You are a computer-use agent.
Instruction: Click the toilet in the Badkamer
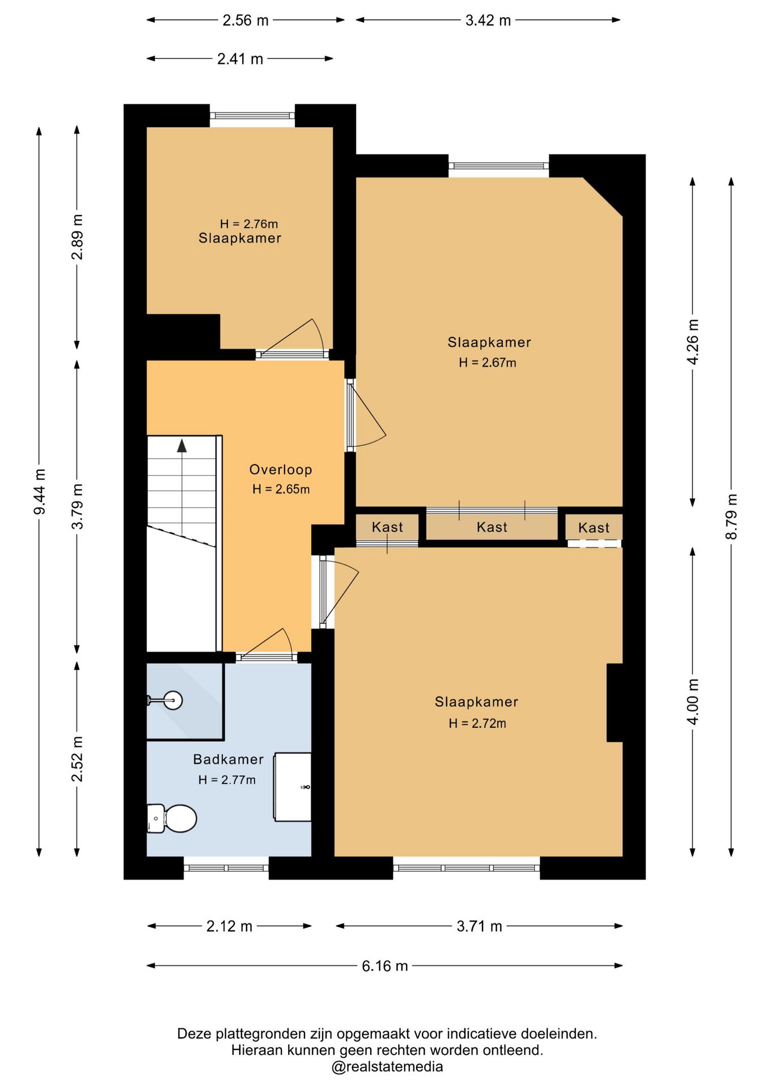172,818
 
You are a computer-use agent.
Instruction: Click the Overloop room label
281,470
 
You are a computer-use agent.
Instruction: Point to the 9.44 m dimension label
40,492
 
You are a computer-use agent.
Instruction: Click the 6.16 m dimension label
385,966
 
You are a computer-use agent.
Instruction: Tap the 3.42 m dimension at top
488,20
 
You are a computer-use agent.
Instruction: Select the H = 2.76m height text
249,224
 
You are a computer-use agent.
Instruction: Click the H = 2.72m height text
477,723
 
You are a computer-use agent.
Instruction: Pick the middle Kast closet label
492,527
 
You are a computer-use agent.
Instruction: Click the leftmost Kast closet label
387,527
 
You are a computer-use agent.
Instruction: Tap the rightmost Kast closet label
594,527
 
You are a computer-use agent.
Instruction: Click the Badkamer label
229,759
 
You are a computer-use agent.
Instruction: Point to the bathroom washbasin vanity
293,787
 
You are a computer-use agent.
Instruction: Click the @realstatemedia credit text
387,1067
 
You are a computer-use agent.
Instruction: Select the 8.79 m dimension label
732,516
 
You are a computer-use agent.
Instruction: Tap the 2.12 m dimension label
229,926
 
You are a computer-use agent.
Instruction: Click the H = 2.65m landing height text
281,489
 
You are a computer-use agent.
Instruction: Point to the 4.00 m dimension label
693,701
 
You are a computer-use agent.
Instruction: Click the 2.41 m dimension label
240,59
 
